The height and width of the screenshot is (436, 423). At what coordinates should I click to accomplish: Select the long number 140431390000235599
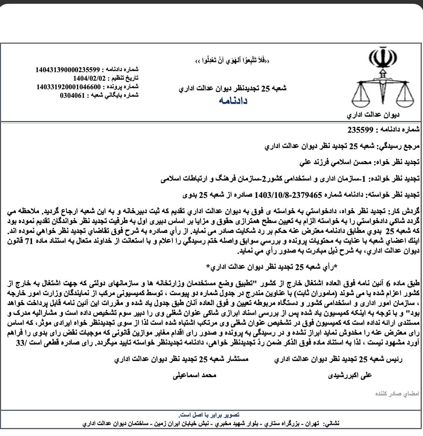pos(68,69)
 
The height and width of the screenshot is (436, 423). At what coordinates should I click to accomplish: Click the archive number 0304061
pos(72,95)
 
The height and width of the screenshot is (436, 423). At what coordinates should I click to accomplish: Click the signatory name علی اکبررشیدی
pos(350,375)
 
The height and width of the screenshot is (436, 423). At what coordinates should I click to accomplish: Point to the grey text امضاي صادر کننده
pos(397,394)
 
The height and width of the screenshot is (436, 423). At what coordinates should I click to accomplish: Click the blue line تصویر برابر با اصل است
pos(209,415)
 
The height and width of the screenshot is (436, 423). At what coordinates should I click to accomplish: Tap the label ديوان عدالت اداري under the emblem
pos(373,115)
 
